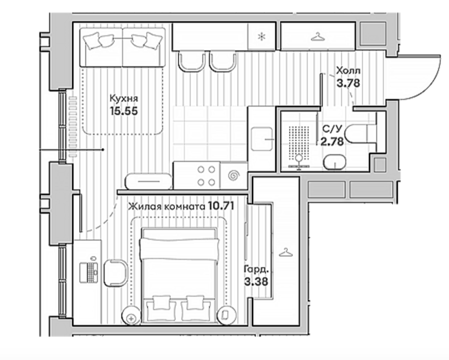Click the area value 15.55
pos(124,111)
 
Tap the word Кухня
pos(124,98)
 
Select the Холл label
pos(348,70)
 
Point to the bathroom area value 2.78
pos(332,141)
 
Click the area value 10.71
pos(221,206)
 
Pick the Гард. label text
pos(256,269)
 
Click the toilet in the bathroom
pos(360,134)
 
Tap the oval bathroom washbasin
pos(334,163)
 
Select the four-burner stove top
pos(206,175)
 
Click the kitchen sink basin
pos(261,139)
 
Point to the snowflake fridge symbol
pos(261,37)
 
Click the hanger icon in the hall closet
pos(317,37)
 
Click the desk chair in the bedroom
pos(115,273)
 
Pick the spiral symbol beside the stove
pos(234,176)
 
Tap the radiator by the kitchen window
pos(73,127)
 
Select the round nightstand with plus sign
pos(132,316)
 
